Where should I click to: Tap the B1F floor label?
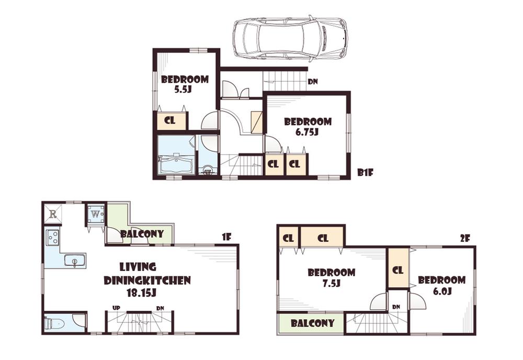click(365, 172)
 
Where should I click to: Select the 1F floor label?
click(226, 237)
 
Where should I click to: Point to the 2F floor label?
click(465, 238)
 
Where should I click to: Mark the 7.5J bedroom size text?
click(331, 284)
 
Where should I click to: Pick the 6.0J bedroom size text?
click(441, 291)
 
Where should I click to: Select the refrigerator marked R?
click(53, 213)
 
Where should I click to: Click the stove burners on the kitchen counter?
click(53, 238)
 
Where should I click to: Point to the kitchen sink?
click(75, 260)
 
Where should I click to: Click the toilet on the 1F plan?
click(54, 323)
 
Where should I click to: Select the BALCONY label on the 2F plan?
click(313, 323)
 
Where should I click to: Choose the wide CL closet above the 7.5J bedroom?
click(323, 238)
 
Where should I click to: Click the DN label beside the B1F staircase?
click(313, 81)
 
